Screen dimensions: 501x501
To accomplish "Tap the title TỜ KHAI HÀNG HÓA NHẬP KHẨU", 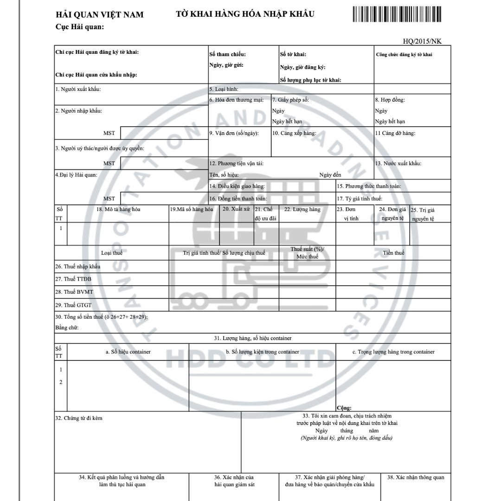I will pyautogui.click(x=245, y=14).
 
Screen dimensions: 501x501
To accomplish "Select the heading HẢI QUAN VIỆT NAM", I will pyautogui.click(x=99, y=15).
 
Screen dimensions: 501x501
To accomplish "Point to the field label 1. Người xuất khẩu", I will pyautogui.click(x=78, y=89).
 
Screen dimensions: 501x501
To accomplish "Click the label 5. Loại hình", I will pyautogui.click(x=224, y=89).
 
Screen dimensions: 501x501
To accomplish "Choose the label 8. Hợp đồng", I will pyautogui.click(x=390, y=100).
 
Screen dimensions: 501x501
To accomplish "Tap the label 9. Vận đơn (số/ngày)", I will pyautogui.click(x=234, y=133).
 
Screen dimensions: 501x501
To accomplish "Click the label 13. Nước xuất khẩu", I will pyautogui.click(x=398, y=163).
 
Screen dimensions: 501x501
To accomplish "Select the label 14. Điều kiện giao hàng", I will pyautogui.click(x=237, y=186).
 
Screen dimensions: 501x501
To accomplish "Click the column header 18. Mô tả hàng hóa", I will pyautogui.click(x=118, y=209).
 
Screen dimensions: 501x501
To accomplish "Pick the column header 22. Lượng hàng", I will pyautogui.click(x=302, y=209).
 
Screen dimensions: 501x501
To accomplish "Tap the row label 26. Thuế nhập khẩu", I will pyautogui.click(x=78, y=266).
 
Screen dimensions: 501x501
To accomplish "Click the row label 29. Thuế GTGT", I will pyautogui.click(x=73, y=305).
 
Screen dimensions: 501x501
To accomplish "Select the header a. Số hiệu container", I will pyautogui.click(x=128, y=352).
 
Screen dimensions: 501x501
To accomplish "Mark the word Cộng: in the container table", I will pyautogui.click(x=344, y=408).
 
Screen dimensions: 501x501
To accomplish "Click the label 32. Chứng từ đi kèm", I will pyautogui.click(x=79, y=418).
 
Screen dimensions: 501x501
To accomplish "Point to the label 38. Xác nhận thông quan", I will pyautogui.click(x=416, y=477).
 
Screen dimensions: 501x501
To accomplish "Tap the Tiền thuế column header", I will pyautogui.click(x=393, y=253).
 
